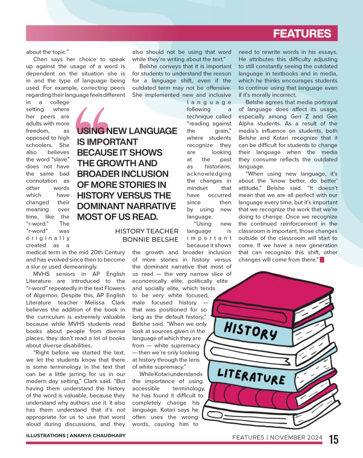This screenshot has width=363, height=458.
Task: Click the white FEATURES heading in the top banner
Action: tap(302, 34)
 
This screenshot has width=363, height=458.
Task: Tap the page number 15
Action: tap(334, 439)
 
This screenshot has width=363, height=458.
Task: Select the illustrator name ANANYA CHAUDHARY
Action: tap(96, 435)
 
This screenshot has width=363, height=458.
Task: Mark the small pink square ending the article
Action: tap(321, 260)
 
